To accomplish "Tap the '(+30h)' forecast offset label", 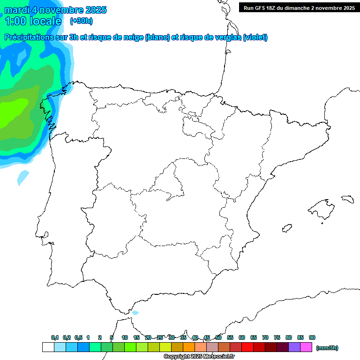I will (81, 21).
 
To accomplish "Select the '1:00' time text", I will (15, 21).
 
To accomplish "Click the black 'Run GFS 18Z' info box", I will (299, 7).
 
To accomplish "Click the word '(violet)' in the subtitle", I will (255, 37).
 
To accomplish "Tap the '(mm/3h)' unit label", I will (327, 348).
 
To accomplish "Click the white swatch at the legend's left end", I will (48, 347).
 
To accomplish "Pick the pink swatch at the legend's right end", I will (306, 347).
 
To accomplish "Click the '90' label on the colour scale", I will (312, 337).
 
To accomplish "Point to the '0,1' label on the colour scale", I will (55, 337).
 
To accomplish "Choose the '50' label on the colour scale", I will (218, 337).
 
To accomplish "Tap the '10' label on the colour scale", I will (125, 337).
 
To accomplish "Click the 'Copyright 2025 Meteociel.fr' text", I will (199, 357).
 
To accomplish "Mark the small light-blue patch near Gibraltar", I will (135, 313).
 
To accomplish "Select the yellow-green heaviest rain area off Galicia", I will (12, 112).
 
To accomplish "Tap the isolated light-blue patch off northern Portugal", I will (22, 176).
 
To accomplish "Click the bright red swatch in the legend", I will (247, 347).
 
